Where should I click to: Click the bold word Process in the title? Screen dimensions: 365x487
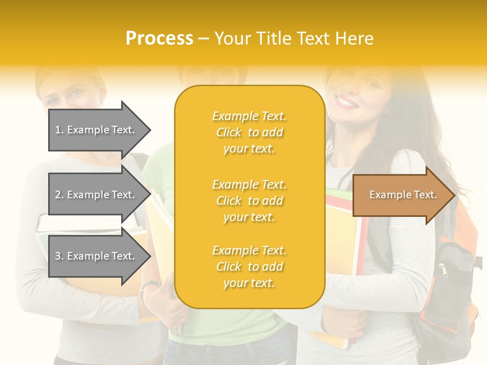click(x=159, y=39)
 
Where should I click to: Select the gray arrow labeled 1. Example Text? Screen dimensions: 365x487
click(x=96, y=130)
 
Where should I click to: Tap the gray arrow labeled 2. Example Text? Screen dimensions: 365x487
click(x=96, y=195)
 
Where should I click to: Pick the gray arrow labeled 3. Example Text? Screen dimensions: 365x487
click(x=96, y=256)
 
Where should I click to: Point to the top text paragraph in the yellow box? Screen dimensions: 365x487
click(x=249, y=132)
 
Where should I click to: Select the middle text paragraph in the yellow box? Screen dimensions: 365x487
click(x=249, y=201)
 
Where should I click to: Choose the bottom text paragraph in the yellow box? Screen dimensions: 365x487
click(x=249, y=267)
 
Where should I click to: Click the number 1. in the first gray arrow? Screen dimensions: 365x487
click(x=59, y=130)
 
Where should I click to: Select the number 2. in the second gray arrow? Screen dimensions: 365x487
click(x=59, y=195)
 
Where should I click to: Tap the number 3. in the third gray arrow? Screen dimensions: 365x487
click(x=59, y=256)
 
